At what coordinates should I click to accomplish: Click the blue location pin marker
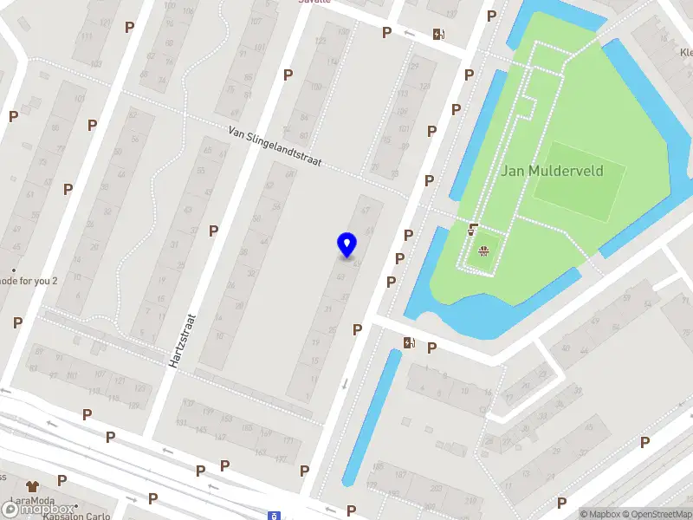(x=346, y=245)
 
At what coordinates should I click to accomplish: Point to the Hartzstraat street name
(x=185, y=341)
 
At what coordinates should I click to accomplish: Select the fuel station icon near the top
(x=439, y=35)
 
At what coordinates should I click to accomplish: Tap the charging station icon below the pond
(x=409, y=343)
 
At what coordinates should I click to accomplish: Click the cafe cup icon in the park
(x=473, y=230)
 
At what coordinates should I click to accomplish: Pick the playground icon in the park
(x=483, y=252)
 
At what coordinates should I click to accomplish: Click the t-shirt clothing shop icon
(x=33, y=487)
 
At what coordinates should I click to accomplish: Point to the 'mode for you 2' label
(x=29, y=281)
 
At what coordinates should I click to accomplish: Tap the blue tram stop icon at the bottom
(x=275, y=515)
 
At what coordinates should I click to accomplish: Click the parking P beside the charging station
(x=431, y=348)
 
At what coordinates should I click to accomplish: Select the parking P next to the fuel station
(x=386, y=32)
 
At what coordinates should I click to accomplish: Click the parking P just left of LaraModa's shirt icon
(x=62, y=479)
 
